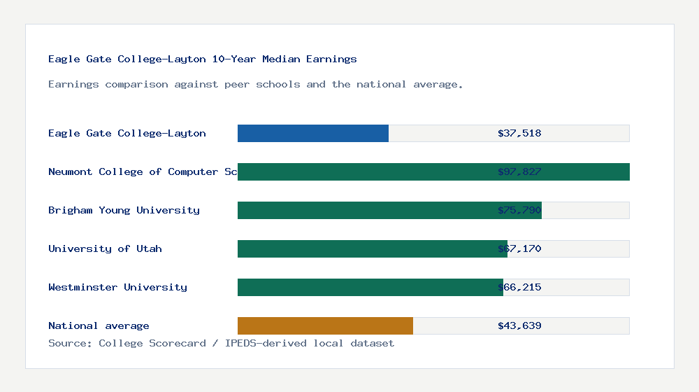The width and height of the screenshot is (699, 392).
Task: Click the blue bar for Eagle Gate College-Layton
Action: [x=313, y=133]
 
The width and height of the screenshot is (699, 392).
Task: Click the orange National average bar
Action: [x=325, y=325]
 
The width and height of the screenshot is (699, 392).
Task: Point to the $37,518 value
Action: [x=519, y=133]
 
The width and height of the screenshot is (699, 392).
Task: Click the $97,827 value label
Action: [x=519, y=171]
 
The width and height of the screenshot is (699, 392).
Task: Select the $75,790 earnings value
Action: [x=519, y=210]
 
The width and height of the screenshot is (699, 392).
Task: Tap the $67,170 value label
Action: [x=519, y=248]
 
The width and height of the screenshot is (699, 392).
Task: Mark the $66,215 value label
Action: [x=519, y=287]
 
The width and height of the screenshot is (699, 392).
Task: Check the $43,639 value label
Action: [x=519, y=325]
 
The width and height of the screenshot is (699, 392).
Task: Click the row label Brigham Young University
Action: [x=124, y=210]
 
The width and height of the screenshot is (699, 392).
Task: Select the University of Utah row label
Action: [x=105, y=248]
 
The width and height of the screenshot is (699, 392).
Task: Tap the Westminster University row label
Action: [x=117, y=287]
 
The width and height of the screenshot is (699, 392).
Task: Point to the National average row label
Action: [x=99, y=325]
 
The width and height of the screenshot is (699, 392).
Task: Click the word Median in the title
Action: [x=281, y=59]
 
